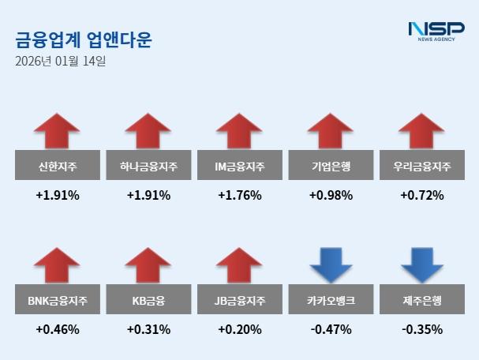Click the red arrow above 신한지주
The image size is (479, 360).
pyautogui.click(x=58, y=132)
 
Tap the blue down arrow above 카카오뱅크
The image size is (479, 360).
pyautogui.click(x=331, y=266)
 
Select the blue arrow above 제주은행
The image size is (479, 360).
pyautogui.click(x=421, y=266)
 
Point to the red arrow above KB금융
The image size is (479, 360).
pyautogui.click(x=148, y=266)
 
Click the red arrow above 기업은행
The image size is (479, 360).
pyautogui.click(x=331, y=132)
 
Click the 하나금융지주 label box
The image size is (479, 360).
pyautogui.click(x=148, y=167)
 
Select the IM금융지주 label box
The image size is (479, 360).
pyautogui.click(x=239, y=167)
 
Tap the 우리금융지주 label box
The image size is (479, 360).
pyautogui.click(x=421, y=167)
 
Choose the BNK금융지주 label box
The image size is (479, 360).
pyautogui.click(x=58, y=301)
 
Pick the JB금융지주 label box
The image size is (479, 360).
pyautogui.click(x=239, y=301)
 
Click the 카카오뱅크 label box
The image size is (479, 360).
pyautogui.click(x=331, y=301)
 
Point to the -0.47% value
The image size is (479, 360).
pyautogui.click(x=331, y=330)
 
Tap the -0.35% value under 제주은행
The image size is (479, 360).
pyautogui.click(x=421, y=330)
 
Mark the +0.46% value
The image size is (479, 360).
pyautogui.click(x=58, y=330)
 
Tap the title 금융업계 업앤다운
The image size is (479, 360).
pyautogui.click(x=84, y=39)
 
